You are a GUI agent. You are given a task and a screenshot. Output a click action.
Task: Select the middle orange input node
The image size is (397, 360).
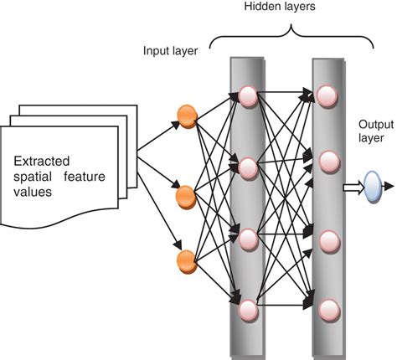coord(187,196)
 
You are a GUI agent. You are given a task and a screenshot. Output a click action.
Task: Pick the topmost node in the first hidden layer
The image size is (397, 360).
coord(247,95)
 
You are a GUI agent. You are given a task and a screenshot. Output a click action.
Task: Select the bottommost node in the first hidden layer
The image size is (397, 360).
coord(247,311)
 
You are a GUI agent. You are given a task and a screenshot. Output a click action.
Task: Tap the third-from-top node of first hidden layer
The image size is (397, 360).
coord(247,237)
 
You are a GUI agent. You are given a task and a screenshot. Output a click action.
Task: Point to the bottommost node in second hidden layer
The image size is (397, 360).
coord(328,311)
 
